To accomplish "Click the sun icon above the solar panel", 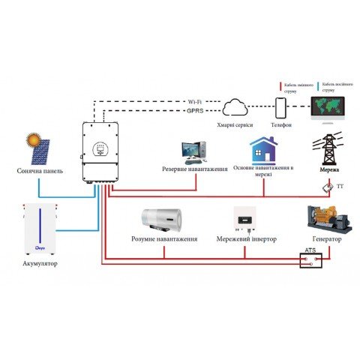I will (x=34, y=139).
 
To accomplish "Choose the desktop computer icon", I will (x=194, y=153).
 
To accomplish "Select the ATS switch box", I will (x=310, y=260).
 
